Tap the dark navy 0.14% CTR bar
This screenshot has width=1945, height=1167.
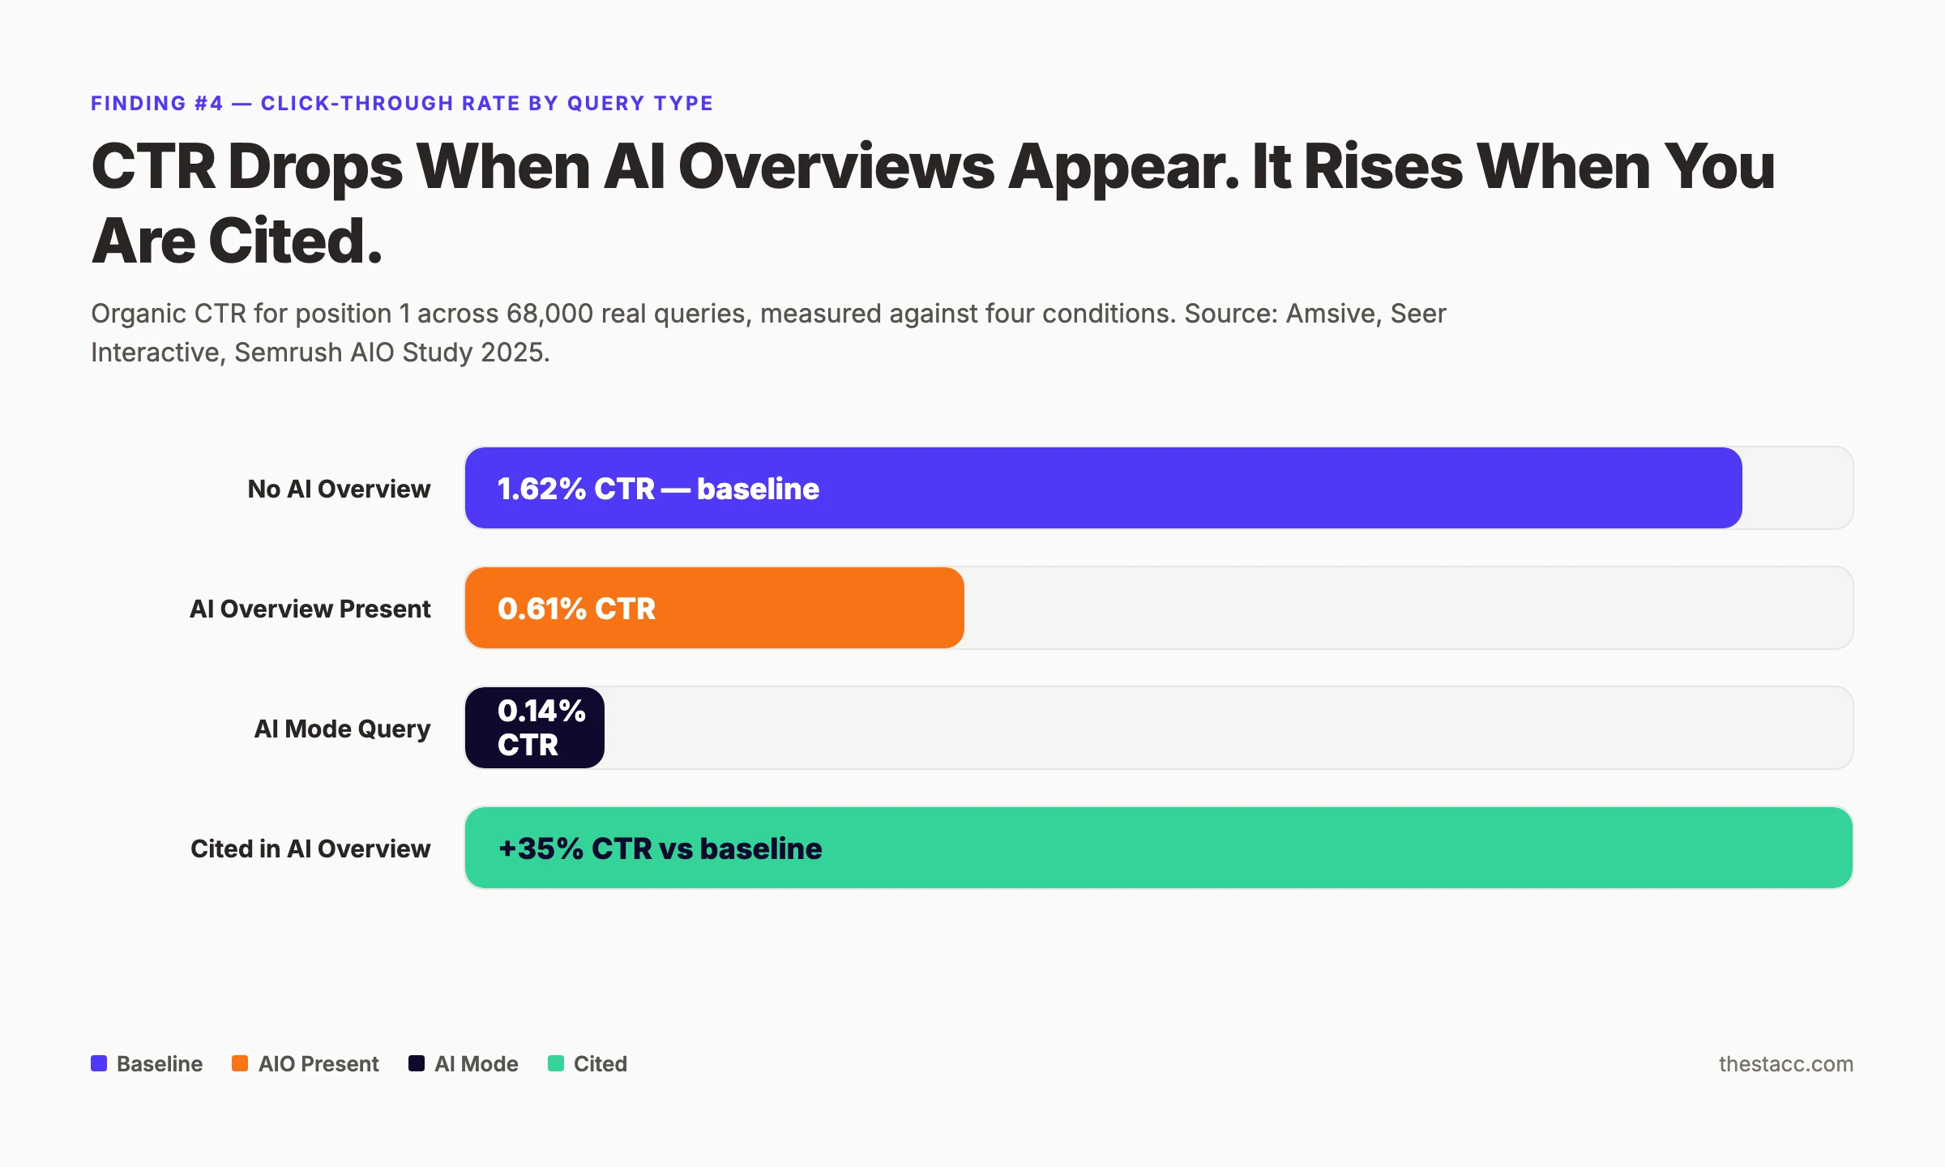(x=535, y=728)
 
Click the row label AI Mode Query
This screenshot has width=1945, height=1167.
(x=342, y=729)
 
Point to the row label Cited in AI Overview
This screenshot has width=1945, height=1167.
(x=310, y=849)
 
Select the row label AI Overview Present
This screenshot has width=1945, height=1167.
(x=310, y=609)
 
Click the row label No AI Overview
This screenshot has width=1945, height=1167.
(x=339, y=489)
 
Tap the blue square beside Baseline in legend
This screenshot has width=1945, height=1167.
(x=99, y=1063)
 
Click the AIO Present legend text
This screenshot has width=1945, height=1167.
(x=318, y=1063)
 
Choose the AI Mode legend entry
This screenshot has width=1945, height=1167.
(x=476, y=1063)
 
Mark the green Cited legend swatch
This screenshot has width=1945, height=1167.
(x=556, y=1063)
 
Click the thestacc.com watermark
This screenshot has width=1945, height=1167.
(x=1785, y=1063)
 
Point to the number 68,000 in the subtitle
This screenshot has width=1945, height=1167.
(x=549, y=314)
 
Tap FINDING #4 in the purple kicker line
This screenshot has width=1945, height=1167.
(x=156, y=103)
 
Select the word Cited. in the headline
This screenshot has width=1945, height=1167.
(x=295, y=242)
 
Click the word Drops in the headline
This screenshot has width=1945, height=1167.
(x=315, y=167)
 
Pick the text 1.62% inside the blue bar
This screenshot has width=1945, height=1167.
(x=541, y=489)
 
